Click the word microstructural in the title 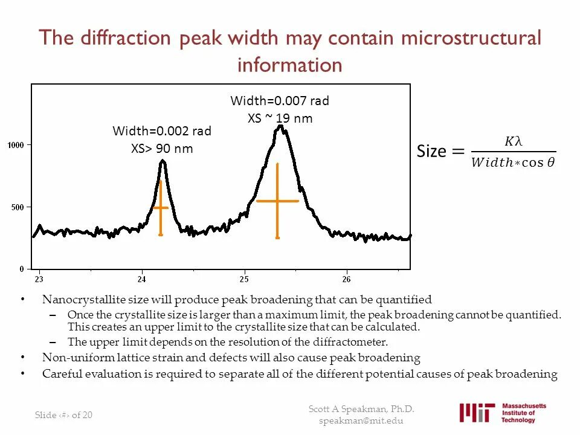click(471, 38)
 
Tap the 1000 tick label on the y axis click(16, 145)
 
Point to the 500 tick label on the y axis click(18, 207)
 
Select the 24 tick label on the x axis click(142, 279)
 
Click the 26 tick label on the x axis click(346, 279)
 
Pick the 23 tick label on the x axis click(39, 279)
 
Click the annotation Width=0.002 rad click(162, 131)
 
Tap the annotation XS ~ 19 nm click(280, 118)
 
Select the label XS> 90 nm click(162, 148)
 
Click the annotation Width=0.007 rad click(280, 101)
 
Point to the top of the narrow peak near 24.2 click(162, 161)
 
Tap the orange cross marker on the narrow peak click(161, 208)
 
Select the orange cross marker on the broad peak click(277, 201)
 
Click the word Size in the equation click(431, 151)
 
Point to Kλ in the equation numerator click(512, 142)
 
